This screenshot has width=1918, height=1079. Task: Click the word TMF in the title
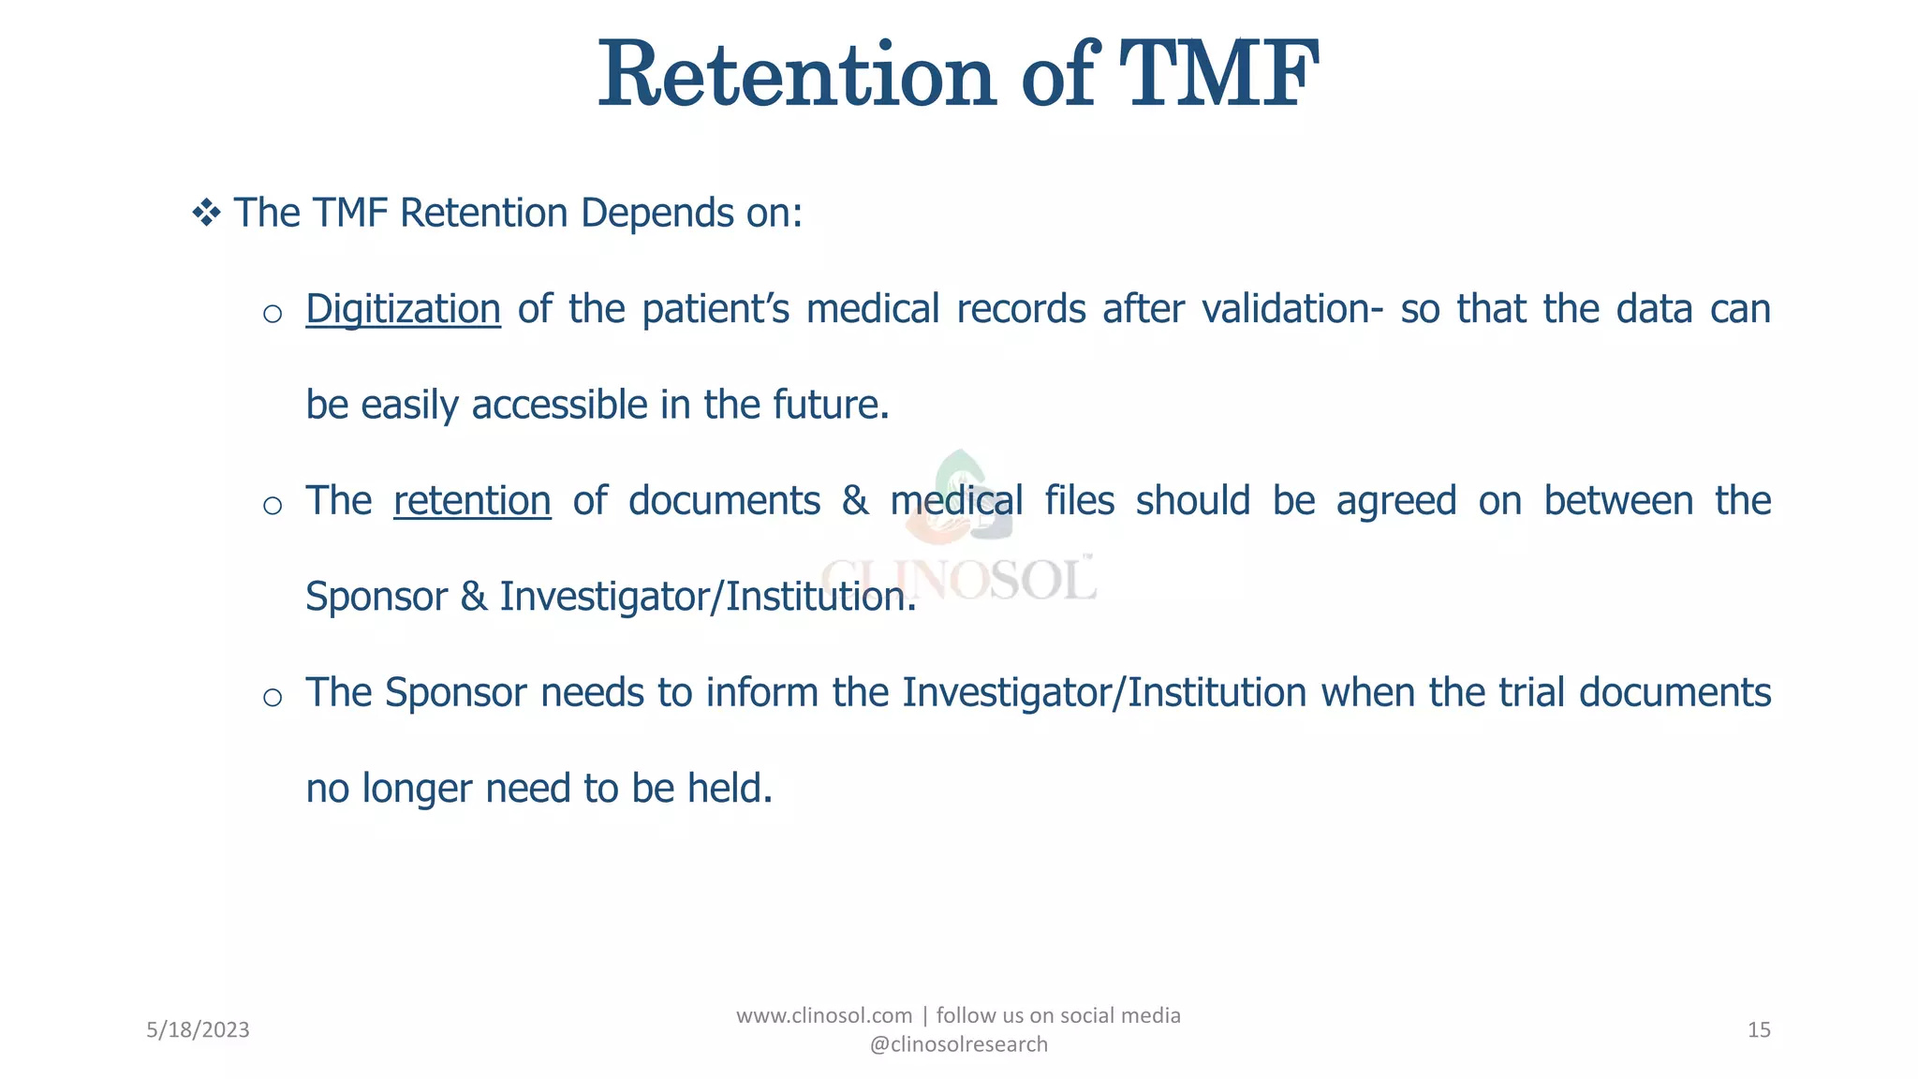(x=1218, y=75)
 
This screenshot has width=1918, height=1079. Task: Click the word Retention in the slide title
(x=796, y=75)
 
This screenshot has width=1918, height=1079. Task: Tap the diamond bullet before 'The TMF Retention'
(x=206, y=213)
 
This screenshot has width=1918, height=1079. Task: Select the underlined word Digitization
(x=403, y=310)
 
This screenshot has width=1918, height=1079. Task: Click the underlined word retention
(x=472, y=501)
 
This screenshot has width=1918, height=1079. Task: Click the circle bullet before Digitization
(x=273, y=314)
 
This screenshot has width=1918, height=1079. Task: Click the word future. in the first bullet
(x=831, y=406)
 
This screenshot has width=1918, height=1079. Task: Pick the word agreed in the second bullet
(x=1396, y=501)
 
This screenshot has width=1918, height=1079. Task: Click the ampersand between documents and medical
(x=854, y=501)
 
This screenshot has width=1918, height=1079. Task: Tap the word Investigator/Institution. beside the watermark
(x=708, y=598)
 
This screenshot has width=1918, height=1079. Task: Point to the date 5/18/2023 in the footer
(x=198, y=1030)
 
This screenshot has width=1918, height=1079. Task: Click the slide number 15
(x=1759, y=1030)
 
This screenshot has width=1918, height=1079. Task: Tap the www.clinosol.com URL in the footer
(x=824, y=1016)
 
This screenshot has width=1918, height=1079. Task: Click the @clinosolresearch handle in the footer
(x=959, y=1044)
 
